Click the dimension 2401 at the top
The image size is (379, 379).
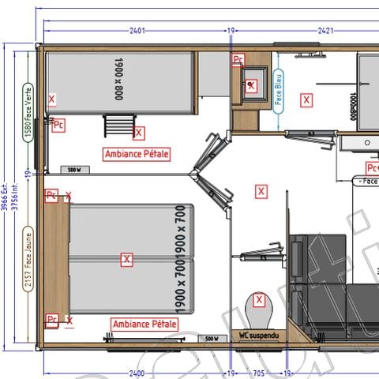pos(137,31)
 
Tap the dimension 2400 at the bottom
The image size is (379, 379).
pos(137,373)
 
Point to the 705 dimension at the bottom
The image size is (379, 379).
pos(258,373)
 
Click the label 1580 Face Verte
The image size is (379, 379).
pos(28,113)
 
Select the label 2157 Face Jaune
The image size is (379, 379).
pos(28,260)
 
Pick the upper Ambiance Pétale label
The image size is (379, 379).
pos(137,153)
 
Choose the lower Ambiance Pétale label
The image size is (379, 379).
pos(144,324)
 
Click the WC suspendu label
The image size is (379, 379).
pos(258,336)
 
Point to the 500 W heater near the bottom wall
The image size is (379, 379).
pos(211,338)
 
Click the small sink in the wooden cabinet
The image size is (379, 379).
pos(253,85)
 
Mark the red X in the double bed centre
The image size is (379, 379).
pos(126,259)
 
